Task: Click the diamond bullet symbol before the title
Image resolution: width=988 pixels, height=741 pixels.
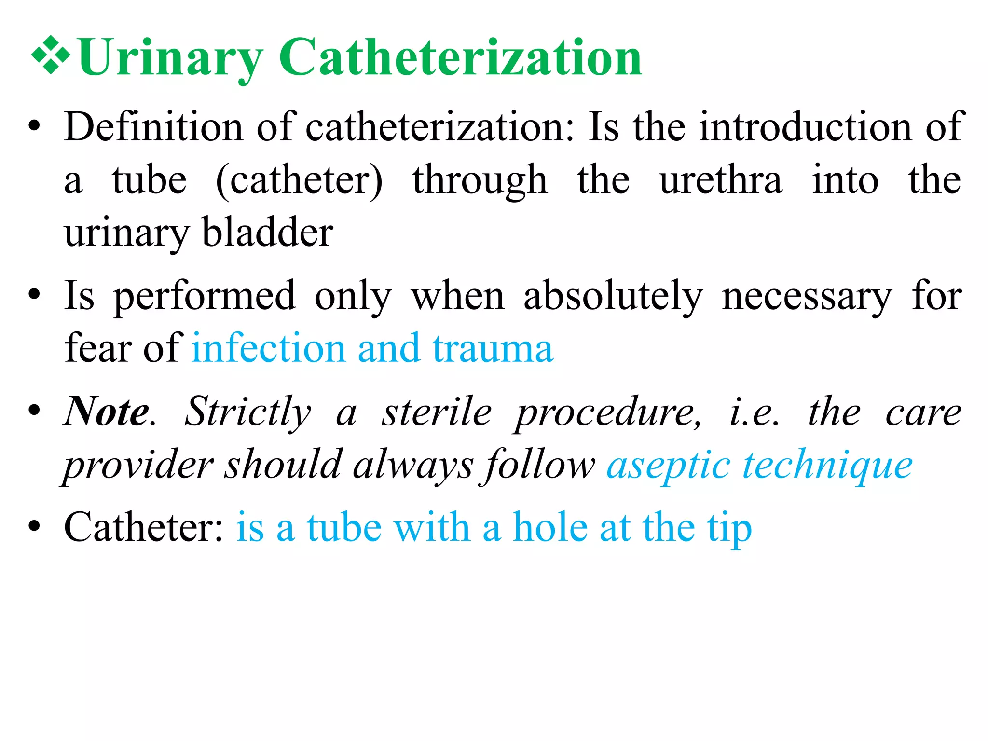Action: (50, 57)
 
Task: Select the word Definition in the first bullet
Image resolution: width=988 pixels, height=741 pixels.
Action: (154, 126)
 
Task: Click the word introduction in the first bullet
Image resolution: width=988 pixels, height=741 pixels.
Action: (806, 126)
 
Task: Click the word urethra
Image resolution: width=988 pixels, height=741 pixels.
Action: (721, 179)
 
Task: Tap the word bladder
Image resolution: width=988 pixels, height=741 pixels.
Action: (267, 232)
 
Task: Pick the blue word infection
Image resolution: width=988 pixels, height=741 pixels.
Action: (268, 348)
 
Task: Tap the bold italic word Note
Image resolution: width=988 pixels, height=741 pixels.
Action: (107, 412)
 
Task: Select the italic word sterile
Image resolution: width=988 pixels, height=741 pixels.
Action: (436, 412)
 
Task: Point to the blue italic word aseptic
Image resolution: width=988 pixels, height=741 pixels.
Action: (668, 466)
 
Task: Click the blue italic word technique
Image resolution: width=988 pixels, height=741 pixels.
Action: (827, 466)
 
